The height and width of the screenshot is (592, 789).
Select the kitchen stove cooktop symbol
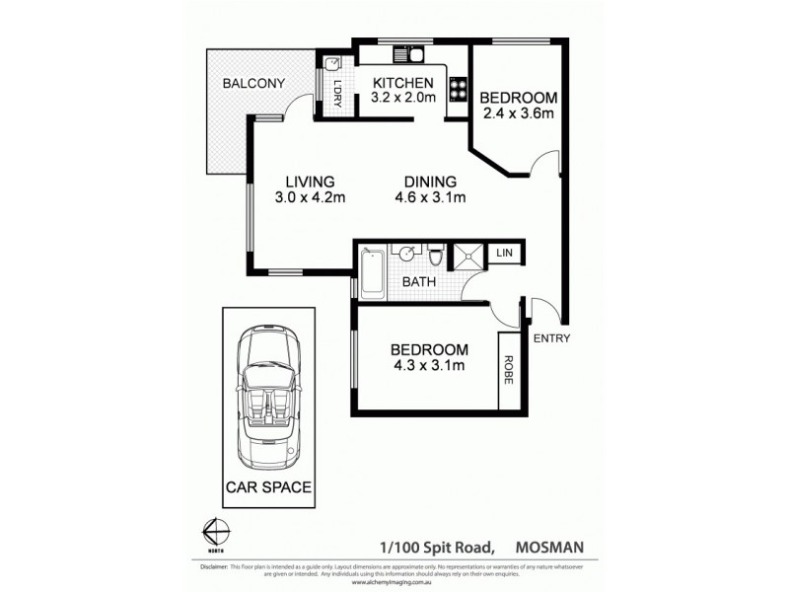[x=458, y=90]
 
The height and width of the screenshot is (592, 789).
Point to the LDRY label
[x=337, y=93]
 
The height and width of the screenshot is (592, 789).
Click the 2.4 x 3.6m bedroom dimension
[x=518, y=114]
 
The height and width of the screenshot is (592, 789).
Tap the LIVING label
[x=311, y=182]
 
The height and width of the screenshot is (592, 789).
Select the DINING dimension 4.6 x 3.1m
[x=429, y=198]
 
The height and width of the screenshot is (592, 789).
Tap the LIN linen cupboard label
[x=504, y=255]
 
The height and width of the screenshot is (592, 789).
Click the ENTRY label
[x=550, y=338]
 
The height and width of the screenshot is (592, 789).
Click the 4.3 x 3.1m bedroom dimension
[x=428, y=367]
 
